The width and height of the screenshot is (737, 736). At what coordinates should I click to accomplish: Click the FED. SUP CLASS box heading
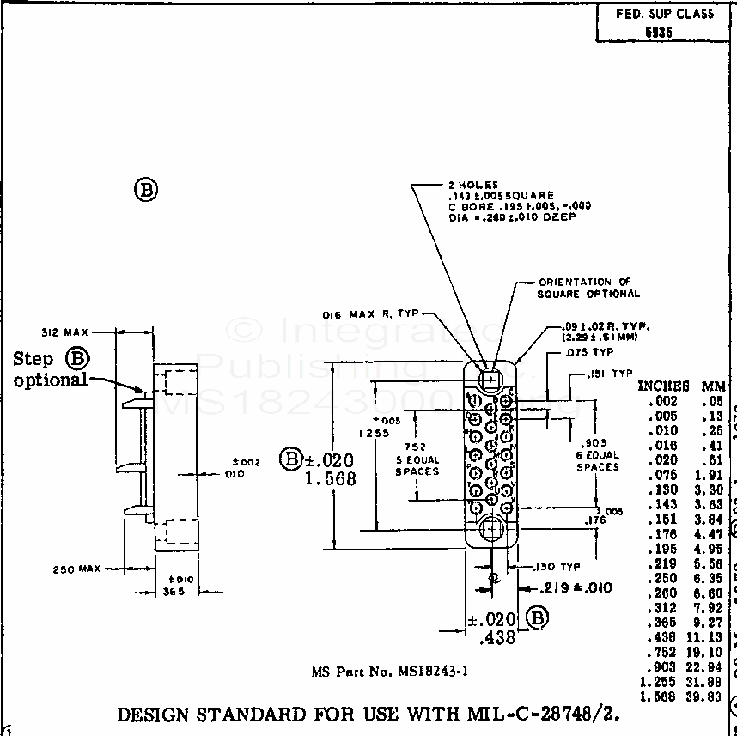(665, 14)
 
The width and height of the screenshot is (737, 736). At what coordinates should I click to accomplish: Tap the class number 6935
(659, 33)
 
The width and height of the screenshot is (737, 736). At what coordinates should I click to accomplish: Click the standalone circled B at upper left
(146, 189)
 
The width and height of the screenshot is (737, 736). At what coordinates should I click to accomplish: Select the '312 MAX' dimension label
(65, 332)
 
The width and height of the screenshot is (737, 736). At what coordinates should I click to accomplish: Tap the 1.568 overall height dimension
(330, 479)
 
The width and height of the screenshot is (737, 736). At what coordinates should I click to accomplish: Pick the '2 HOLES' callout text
(472, 185)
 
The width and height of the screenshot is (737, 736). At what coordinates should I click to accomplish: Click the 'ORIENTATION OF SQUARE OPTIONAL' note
(588, 288)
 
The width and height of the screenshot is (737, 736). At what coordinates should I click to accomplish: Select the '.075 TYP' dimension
(589, 351)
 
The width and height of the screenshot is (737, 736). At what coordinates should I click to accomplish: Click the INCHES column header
(662, 386)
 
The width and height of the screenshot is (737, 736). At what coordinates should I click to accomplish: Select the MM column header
(713, 386)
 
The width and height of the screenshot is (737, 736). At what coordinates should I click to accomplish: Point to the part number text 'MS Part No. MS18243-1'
(389, 672)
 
